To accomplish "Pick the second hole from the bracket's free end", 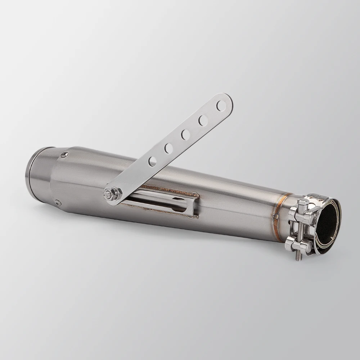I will [x=203, y=120].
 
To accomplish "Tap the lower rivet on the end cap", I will [x=57, y=202].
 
